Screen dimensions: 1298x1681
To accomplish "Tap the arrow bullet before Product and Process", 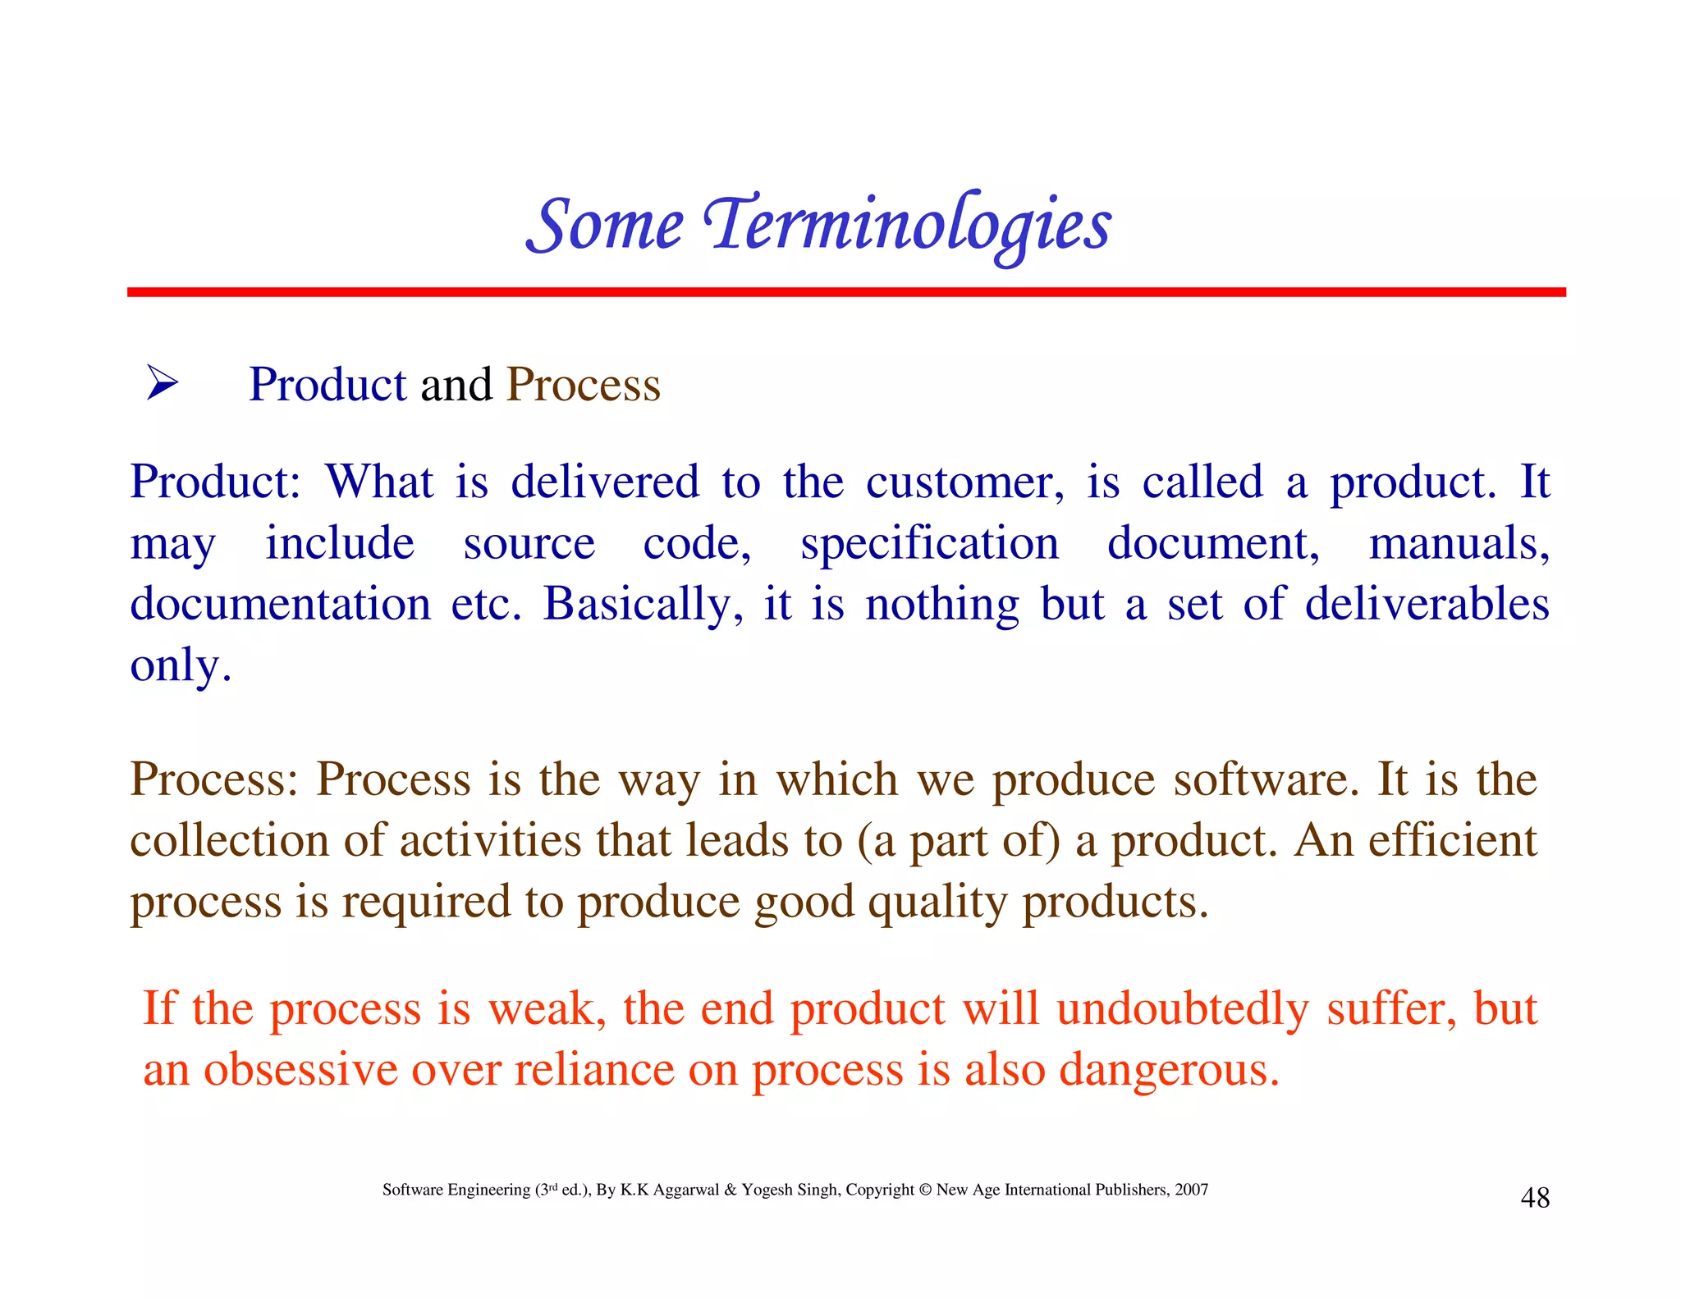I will pos(162,383).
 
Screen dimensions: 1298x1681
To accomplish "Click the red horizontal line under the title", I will pos(845,292).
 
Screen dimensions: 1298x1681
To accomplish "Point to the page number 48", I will pos(1534,1198).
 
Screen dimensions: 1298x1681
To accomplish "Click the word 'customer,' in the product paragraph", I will pos(964,482).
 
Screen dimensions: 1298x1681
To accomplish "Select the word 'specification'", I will pos(929,544).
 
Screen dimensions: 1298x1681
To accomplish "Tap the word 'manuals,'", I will pos(1459,543).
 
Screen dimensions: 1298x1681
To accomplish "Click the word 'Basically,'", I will pos(643,605).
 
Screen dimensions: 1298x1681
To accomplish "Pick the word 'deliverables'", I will pos(1427,604).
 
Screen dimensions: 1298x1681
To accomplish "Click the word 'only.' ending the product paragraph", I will pos(181,665).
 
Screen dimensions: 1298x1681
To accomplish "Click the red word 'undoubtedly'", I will pos(1182,1008).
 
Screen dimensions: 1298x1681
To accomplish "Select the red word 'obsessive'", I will pos(300,1070).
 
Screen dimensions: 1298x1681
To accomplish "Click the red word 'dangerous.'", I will pos(1169,1070).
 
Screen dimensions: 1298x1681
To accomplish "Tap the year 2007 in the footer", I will pos(1191,1190).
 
